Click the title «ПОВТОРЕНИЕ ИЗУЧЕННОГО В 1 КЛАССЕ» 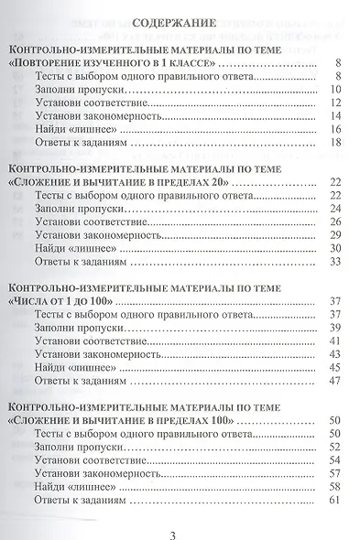115,62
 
